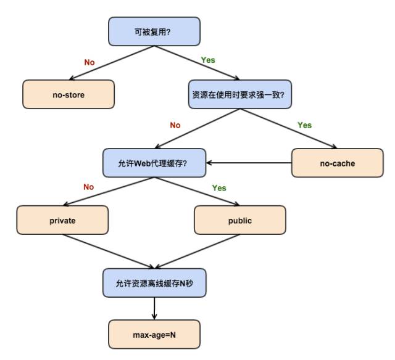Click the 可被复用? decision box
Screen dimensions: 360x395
pyautogui.click(x=154, y=31)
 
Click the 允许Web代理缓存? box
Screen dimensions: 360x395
pyautogui.click(x=154, y=163)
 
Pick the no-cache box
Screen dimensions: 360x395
pyautogui.click(x=336, y=163)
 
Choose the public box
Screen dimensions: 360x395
pyautogui.click(x=240, y=220)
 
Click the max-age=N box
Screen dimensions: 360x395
pyautogui.click(x=154, y=334)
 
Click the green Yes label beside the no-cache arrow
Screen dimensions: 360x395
pyautogui.click(x=304, y=125)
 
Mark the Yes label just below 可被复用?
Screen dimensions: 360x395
pyautogui.click(x=209, y=60)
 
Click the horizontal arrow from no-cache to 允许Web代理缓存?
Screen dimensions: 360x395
pyautogui.click(x=250, y=163)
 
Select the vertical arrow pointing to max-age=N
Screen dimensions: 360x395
pyautogui.click(x=154, y=308)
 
